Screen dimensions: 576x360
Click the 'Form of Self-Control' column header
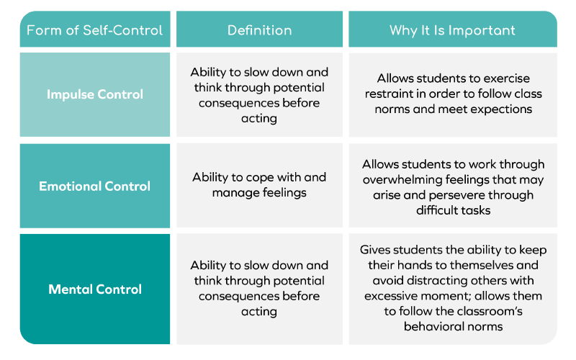point(95,30)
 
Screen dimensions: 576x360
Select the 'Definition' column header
point(259,30)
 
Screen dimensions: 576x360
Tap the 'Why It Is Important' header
point(453,30)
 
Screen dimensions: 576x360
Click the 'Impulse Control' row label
point(95,95)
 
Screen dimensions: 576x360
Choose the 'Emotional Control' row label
point(95,186)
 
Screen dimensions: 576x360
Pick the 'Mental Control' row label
point(95,289)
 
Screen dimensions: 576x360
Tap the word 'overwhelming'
point(402,179)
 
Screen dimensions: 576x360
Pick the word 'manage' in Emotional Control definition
point(230,193)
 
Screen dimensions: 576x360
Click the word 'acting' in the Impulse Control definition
point(259,119)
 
